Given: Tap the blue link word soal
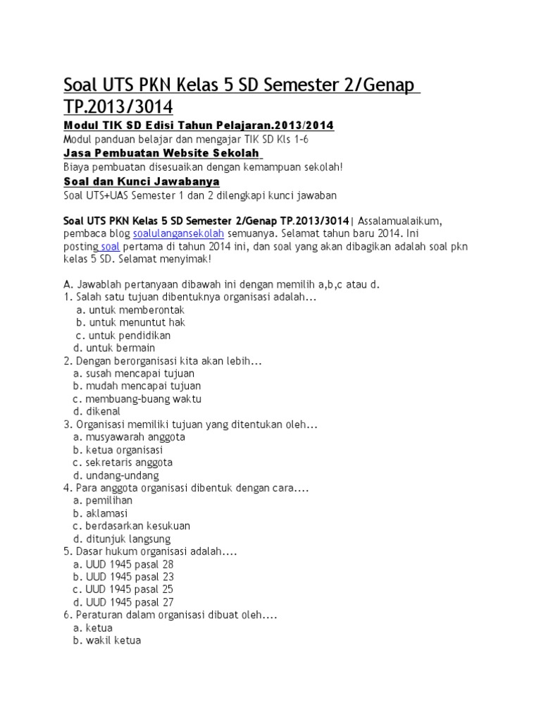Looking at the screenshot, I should tap(111, 246).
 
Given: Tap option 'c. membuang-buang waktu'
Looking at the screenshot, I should tap(137, 398).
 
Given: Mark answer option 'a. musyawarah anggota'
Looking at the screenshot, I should tap(129, 436).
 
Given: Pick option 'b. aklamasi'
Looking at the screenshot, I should tap(104, 513).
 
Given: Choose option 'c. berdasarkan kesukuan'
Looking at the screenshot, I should tap(132, 526).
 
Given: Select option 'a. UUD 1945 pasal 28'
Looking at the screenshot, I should tap(123, 564).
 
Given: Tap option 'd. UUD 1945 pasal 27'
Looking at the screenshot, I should tap(123, 602).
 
